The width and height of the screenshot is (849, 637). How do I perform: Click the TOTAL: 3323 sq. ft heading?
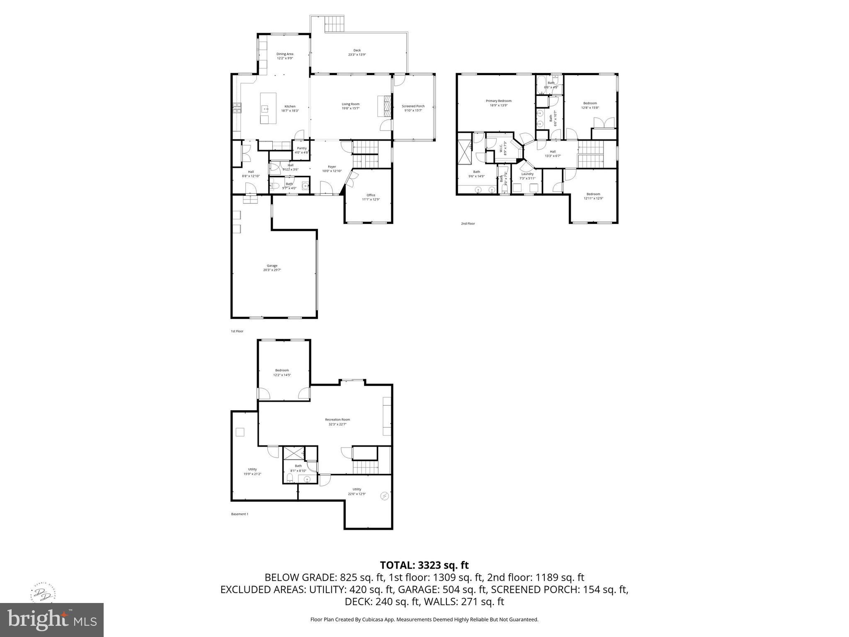click(424, 565)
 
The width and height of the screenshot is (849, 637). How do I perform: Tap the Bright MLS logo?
click(52, 620)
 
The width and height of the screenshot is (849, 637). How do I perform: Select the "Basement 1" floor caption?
click(240, 514)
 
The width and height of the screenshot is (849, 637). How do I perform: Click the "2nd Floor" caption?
click(468, 224)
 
